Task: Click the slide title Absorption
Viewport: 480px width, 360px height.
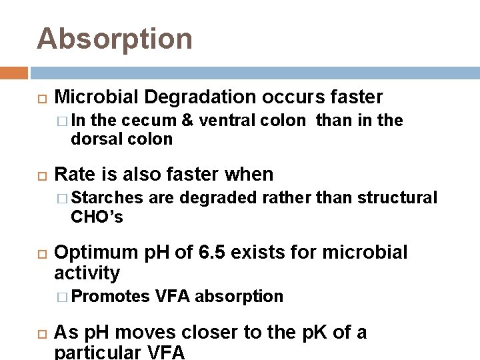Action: pos(115,39)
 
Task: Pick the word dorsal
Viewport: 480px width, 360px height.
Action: pos(94,139)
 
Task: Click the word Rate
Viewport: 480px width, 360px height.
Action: pos(75,175)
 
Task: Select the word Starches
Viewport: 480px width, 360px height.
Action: pos(107,198)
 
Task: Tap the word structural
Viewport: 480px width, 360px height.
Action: pos(398,198)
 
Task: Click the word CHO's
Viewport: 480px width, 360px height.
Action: pos(97,217)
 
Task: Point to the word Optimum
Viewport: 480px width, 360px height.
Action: pos(97,253)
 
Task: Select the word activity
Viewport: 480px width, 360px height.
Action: pos(87,273)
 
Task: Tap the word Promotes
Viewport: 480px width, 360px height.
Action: pos(111,296)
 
